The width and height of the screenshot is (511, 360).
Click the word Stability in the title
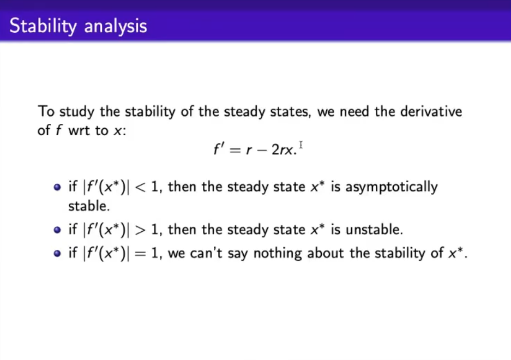(x=43, y=26)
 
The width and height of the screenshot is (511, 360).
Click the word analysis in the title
(x=116, y=26)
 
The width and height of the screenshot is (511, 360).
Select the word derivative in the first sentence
(x=431, y=111)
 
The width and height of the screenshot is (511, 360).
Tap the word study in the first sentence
(x=77, y=112)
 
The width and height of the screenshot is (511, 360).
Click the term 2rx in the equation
(x=282, y=149)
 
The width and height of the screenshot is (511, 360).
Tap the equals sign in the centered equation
(x=235, y=150)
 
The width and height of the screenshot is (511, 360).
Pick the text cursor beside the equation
(x=301, y=145)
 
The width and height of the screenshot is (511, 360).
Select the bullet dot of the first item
(x=57, y=187)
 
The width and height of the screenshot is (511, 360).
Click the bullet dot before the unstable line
(x=57, y=230)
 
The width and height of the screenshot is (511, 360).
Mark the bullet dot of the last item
(x=57, y=254)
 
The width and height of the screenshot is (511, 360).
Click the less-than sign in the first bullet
(x=140, y=187)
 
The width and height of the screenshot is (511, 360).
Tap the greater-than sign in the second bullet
(x=140, y=230)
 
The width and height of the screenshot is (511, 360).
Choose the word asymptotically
(x=392, y=187)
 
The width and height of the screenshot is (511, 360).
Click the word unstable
(x=374, y=230)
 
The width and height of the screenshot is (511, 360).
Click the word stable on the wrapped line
(x=89, y=206)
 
